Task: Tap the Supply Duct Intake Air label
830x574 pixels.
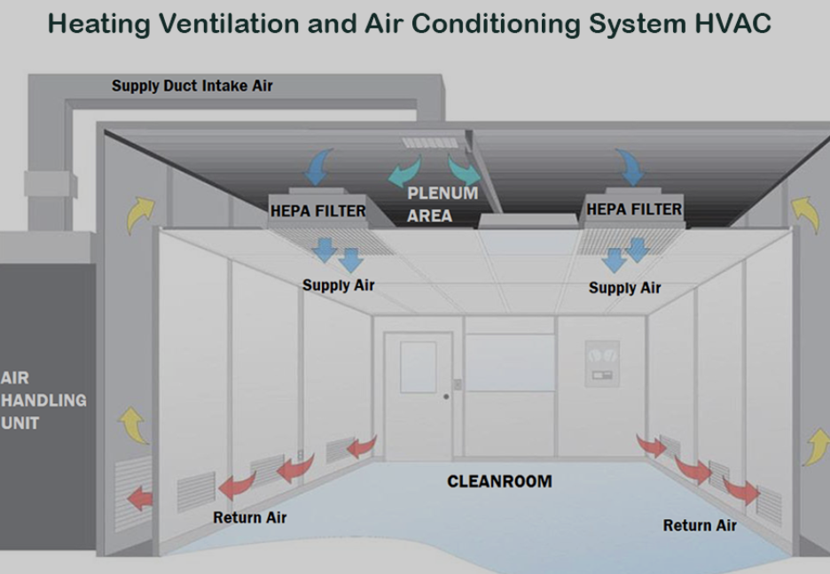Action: pos(192,86)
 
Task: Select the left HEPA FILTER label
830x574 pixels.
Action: pos(317,211)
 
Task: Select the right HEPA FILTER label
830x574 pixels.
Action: pos(633,209)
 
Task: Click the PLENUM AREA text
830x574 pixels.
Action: pos(441,204)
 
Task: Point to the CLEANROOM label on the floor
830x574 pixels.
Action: pos(499,481)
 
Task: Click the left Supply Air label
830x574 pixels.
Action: pos(338,284)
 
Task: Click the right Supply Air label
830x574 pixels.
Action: pos(624,287)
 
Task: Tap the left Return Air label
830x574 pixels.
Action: pos(249,516)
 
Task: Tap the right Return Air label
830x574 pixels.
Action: pos(700,525)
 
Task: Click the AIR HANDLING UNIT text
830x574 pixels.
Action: pos(43,400)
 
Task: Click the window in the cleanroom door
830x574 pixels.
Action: pos(418,367)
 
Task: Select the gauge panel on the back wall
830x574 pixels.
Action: pos(601,361)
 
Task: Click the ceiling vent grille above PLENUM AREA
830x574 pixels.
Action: pos(433,143)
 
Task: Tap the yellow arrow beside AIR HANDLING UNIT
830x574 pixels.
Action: pos(135,425)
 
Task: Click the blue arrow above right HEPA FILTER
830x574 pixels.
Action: pos(632,166)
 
